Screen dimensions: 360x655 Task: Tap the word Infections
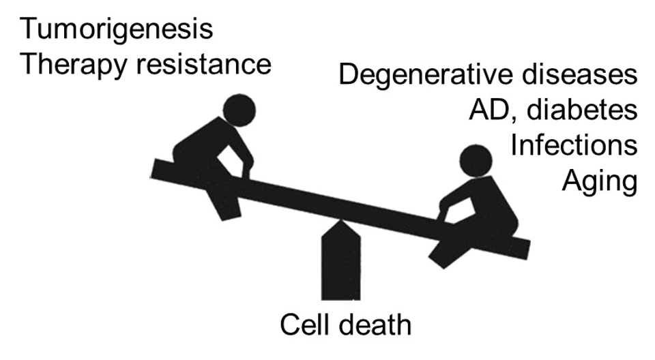pyautogui.click(x=574, y=145)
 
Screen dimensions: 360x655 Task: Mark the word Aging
pyautogui.click(x=600, y=182)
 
